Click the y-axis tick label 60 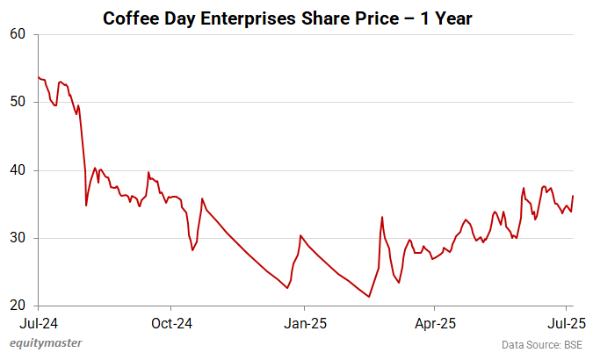tap(19, 34)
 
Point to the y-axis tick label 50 tap(19, 102)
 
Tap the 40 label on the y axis tap(19, 170)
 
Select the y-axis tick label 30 tap(19, 238)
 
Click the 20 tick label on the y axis tap(19, 306)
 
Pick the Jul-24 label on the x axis tap(38, 322)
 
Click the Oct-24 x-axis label tap(170, 322)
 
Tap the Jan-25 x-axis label tap(303, 322)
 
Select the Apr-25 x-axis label tap(434, 322)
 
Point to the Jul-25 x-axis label tap(567, 322)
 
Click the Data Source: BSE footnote tap(542, 344)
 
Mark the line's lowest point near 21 tap(369, 297)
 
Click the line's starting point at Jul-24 tap(39, 77)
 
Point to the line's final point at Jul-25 tap(573, 196)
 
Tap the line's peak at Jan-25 tap(300, 235)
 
